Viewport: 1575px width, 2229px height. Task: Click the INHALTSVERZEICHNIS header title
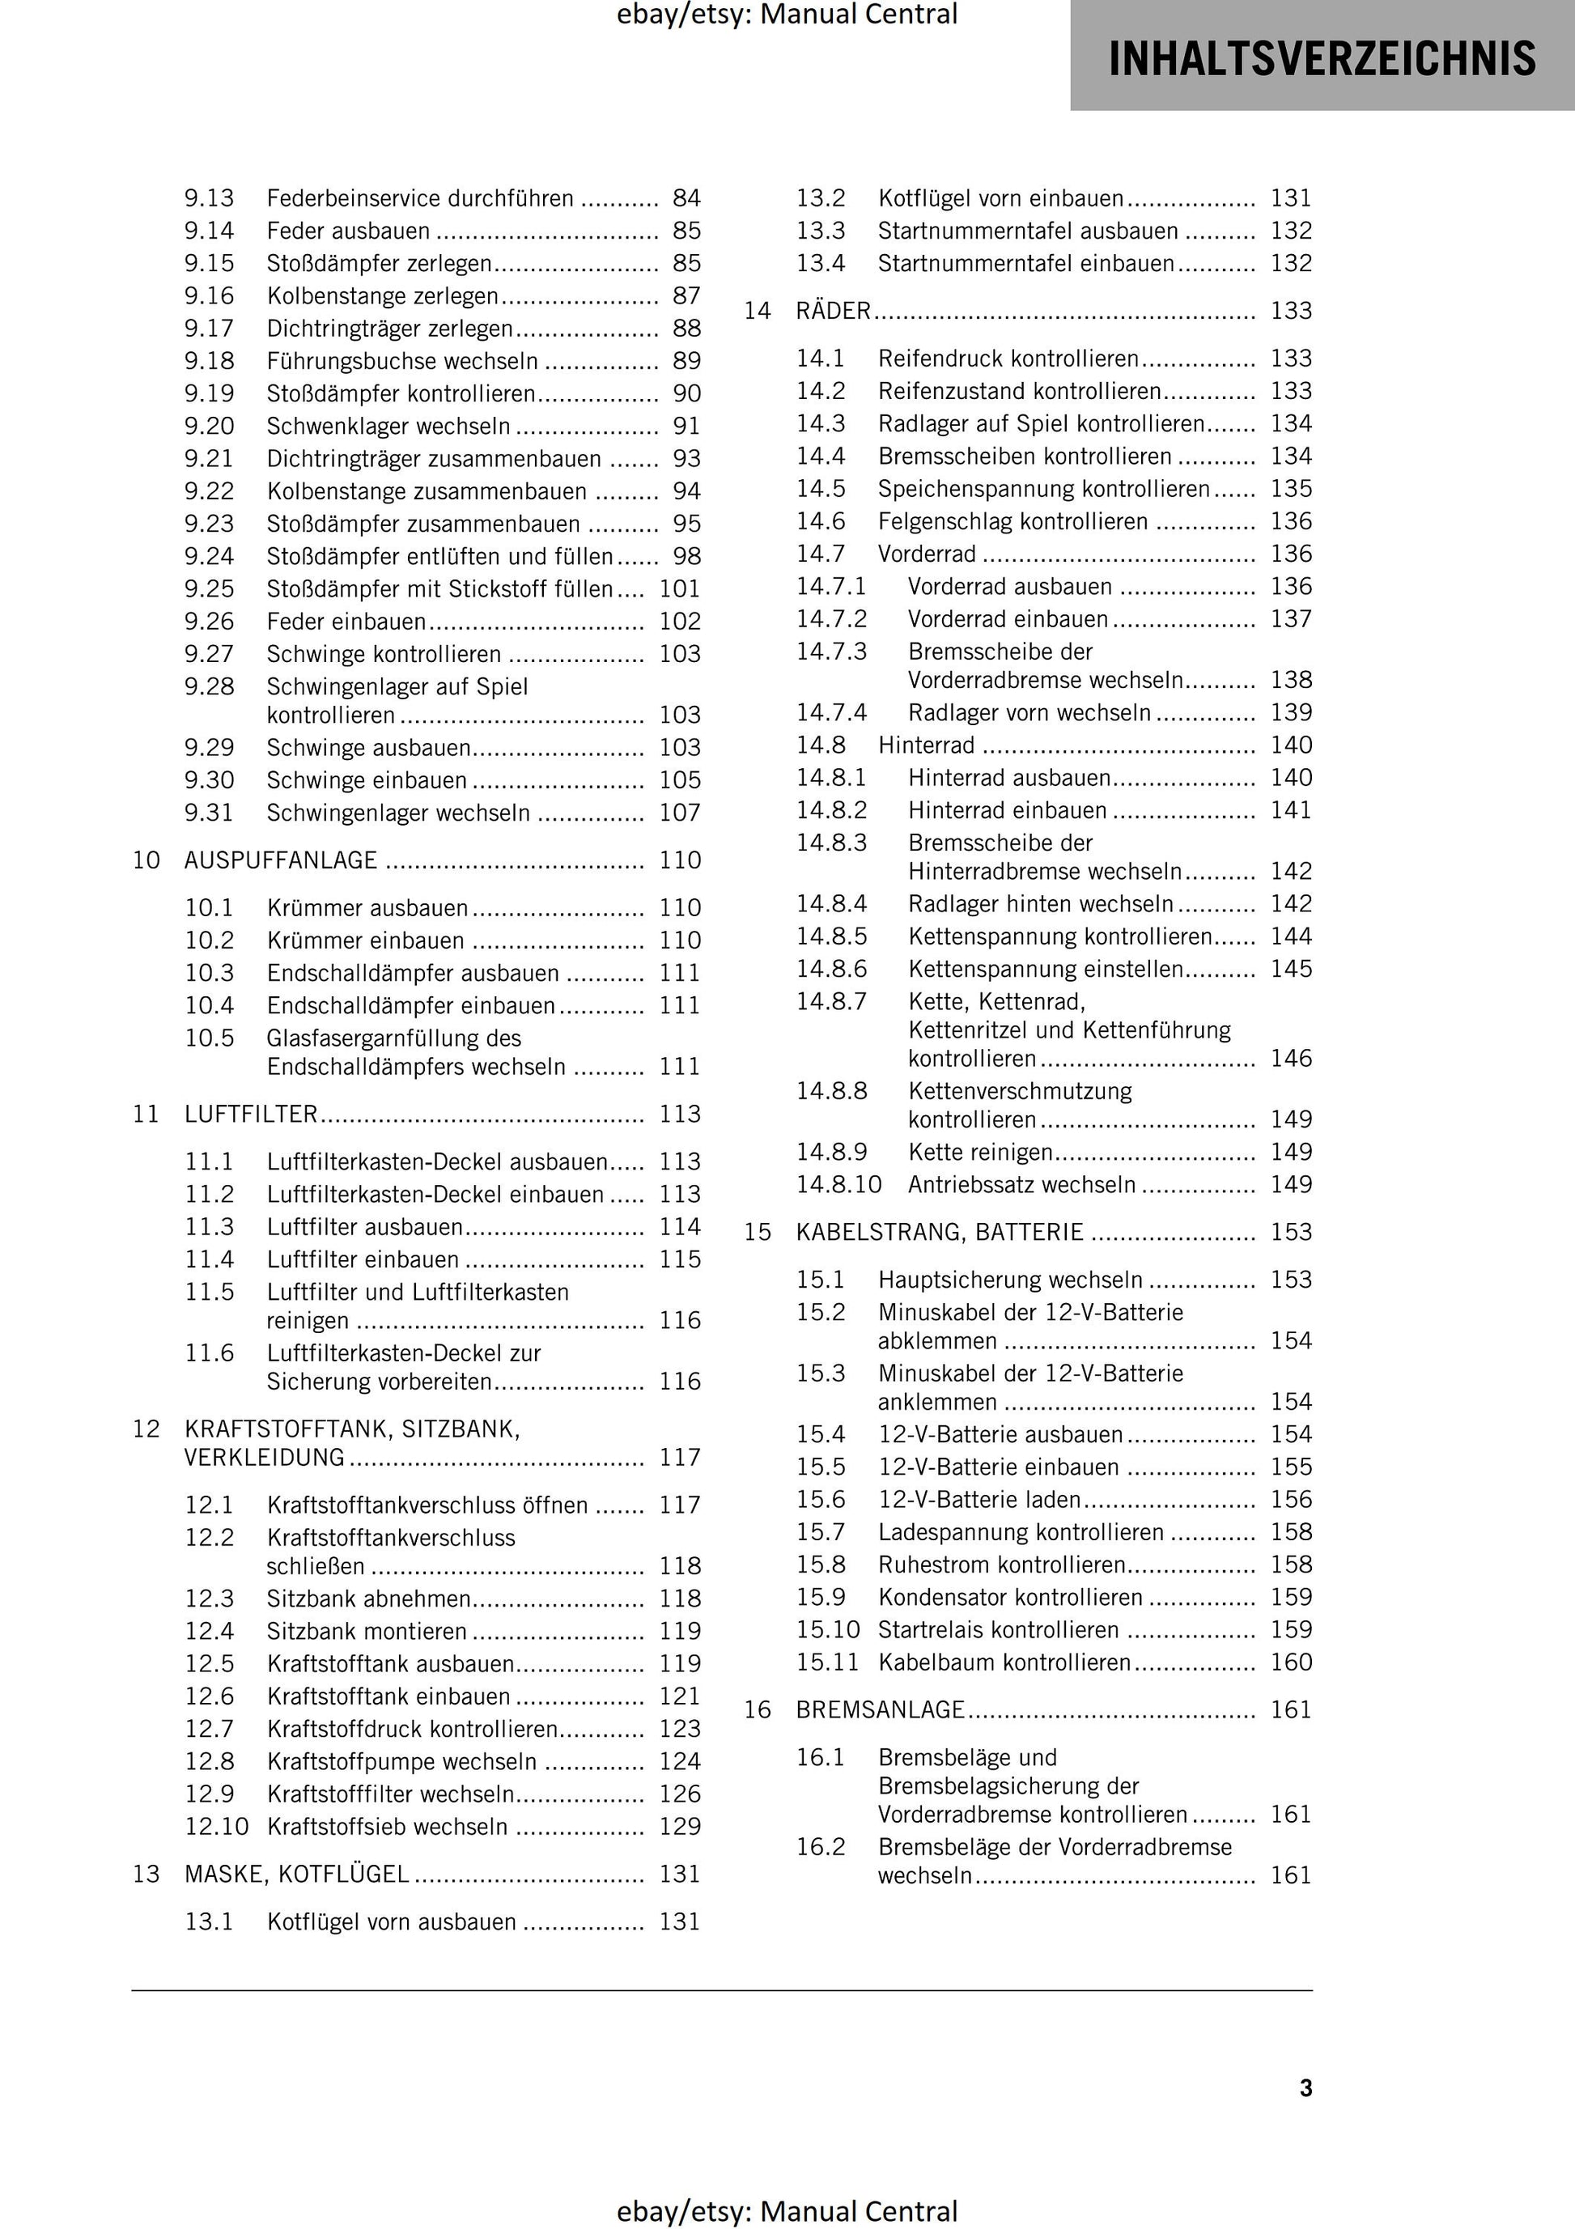pyautogui.click(x=1322, y=58)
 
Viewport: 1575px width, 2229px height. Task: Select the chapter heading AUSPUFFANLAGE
pyautogui.click(x=281, y=860)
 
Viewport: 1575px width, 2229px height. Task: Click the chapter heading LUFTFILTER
pyautogui.click(x=251, y=1114)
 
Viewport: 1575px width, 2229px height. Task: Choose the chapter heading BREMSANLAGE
pyautogui.click(x=880, y=1709)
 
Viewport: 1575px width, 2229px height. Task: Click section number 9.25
pyautogui.click(x=209, y=588)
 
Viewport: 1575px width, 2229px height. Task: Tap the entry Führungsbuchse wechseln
pyautogui.click(x=402, y=361)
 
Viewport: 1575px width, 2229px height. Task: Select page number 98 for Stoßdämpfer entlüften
pyautogui.click(x=686, y=556)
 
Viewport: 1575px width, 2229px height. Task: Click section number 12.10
pyautogui.click(x=217, y=1826)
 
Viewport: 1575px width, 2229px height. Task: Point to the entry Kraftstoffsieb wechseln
pyautogui.click(x=387, y=1826)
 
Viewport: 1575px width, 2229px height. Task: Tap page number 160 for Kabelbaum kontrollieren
pyautogui.click(x=1290, y=1662)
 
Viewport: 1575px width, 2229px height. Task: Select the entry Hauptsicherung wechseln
pyautogui.click(x=1010, y=1280)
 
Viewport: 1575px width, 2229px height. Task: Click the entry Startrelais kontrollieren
pyautogui.click(x=998, y=1629)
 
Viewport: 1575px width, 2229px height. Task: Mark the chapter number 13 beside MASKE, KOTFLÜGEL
pyautogui.click(x=146, y=1874)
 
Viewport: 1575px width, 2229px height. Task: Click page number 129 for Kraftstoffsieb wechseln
pyautogui.click(x=680, y=1826)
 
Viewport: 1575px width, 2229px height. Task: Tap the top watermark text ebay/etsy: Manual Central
pyautogui.click(x=787, y=15)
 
